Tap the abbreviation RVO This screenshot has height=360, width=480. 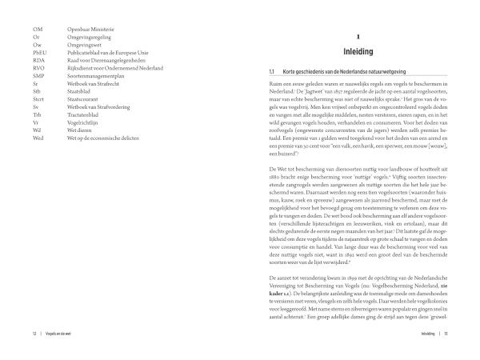point(28,68)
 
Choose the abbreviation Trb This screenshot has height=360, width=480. point(26,116)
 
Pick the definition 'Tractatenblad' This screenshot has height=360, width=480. point(86,116)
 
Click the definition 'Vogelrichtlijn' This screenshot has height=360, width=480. point(85,124)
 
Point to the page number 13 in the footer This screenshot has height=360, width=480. point(449,332)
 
